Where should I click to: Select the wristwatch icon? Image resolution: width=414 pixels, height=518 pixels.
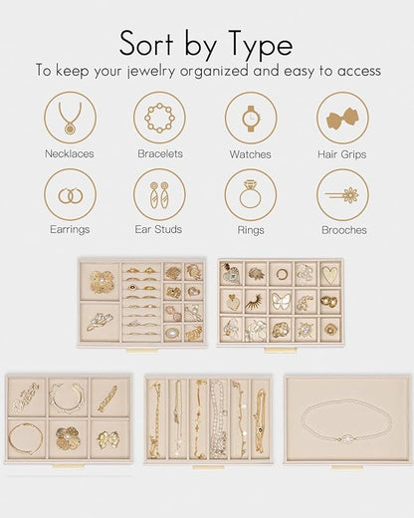point(251,119)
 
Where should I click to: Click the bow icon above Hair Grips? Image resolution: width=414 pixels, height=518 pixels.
point(342,119)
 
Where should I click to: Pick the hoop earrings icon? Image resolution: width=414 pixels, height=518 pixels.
point(71,196)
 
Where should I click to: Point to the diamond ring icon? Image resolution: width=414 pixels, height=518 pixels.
point(251,194)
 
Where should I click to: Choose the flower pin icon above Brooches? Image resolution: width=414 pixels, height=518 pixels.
point(341,195)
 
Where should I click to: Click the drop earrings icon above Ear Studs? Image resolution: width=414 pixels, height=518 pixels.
point(159,195)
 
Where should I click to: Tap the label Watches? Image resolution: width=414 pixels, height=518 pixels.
point(250,154)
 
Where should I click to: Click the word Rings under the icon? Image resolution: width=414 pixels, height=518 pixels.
point(251,230)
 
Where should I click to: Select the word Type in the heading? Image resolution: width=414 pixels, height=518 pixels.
point(258,45)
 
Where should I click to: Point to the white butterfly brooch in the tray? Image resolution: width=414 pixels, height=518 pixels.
point(281,302)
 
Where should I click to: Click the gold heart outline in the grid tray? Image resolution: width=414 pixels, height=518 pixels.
point(330,274)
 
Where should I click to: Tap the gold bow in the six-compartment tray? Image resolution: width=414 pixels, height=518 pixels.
point(108,439)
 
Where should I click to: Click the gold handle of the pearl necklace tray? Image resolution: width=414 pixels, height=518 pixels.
point(347,467)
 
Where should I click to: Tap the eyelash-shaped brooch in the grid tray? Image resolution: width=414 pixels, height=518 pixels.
point(255,302)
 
